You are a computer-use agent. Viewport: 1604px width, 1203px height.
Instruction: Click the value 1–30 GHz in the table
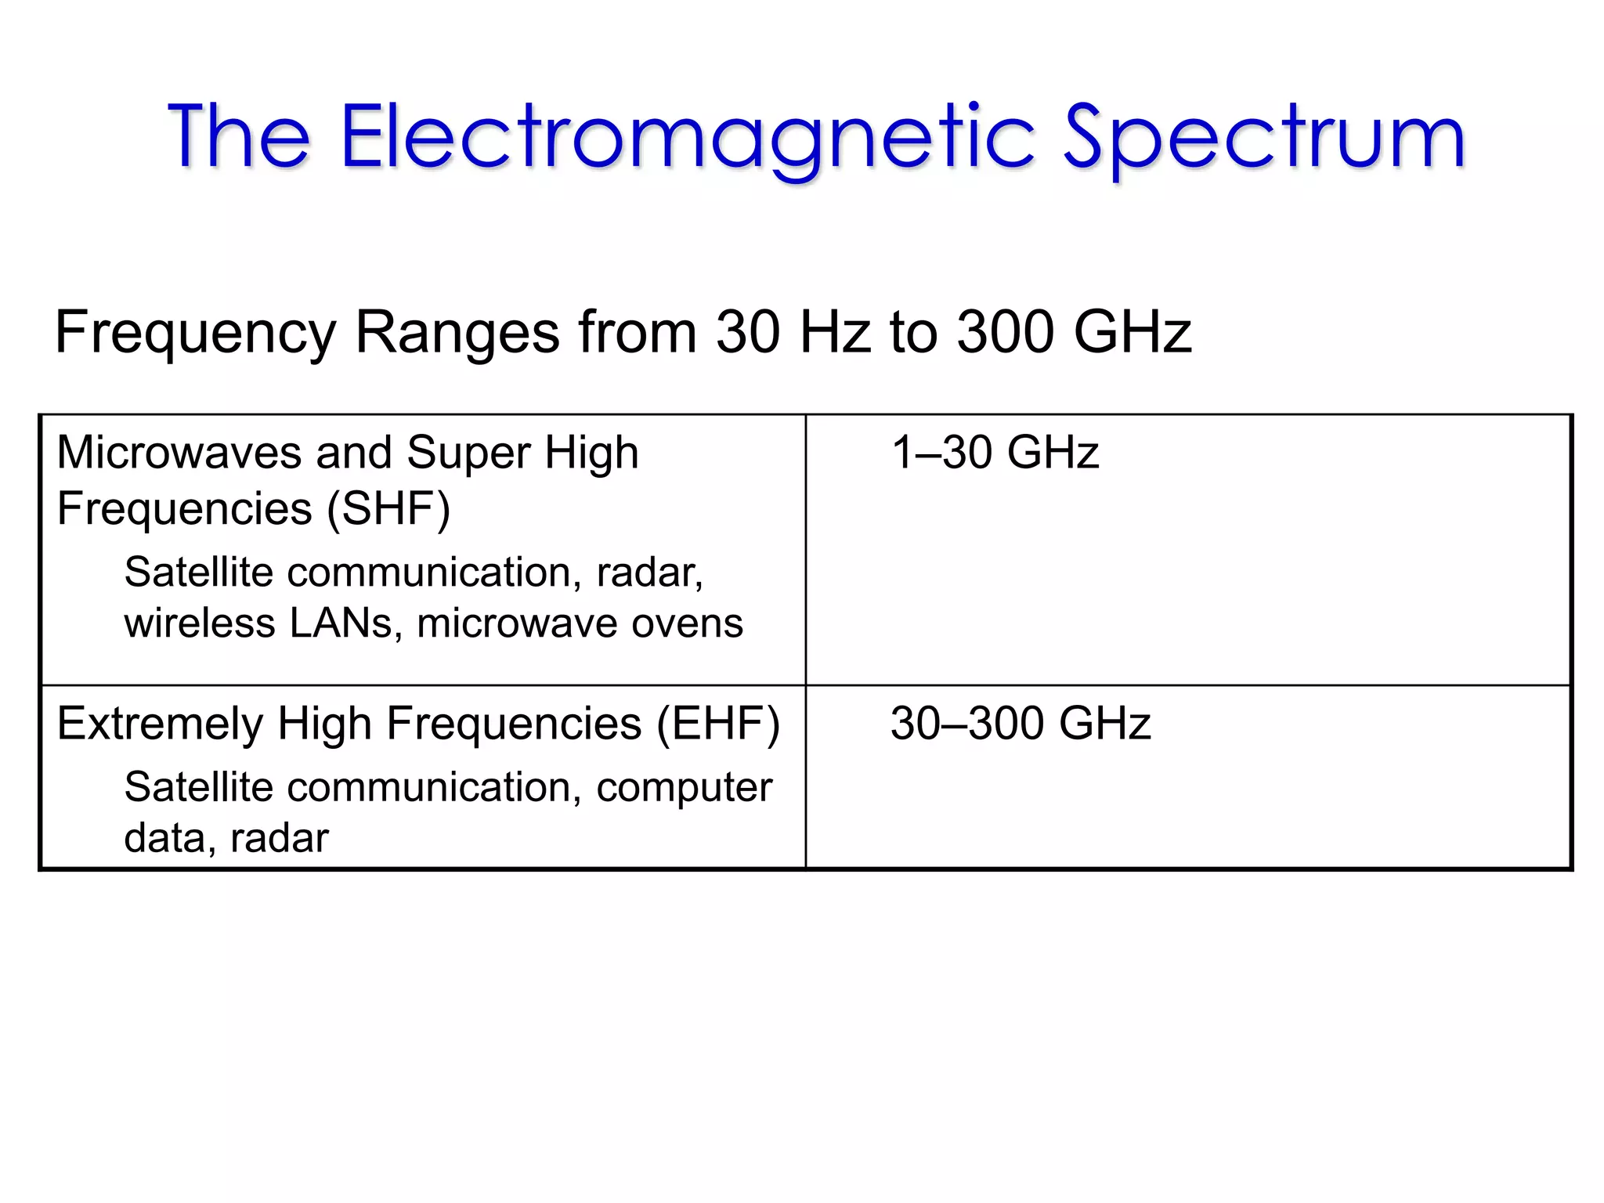995,453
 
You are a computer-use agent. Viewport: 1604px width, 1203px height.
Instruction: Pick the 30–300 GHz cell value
1021,723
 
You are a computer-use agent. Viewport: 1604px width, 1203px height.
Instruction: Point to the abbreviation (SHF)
388,509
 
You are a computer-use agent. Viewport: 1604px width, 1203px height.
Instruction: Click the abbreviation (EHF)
718,723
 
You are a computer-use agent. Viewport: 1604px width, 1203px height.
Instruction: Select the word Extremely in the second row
160,723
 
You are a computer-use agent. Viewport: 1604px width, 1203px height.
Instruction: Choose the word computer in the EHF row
684,788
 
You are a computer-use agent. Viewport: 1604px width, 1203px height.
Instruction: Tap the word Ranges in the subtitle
457,332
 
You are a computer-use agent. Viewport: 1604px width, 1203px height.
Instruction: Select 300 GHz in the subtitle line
1075,332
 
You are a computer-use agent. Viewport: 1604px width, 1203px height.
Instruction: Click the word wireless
200,623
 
